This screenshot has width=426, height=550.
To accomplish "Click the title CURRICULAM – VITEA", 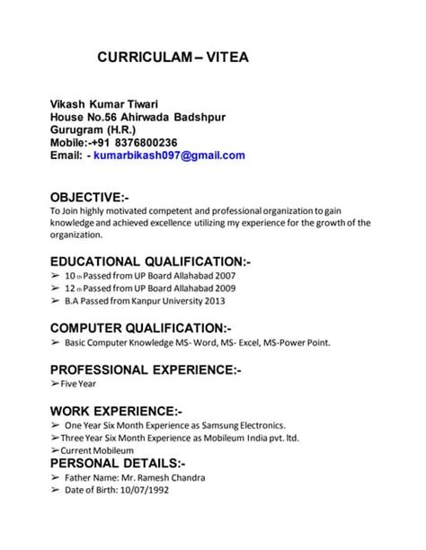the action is pos(172,58).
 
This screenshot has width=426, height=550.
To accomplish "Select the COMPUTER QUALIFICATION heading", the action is pos(140,327).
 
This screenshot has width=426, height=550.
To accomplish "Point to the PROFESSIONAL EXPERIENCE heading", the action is pos(145,369).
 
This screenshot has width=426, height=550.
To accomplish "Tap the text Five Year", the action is pos(81,384).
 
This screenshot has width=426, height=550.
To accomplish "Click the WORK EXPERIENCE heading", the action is pos(116,411).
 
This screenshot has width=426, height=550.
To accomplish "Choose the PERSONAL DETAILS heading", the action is pos(118,463).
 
